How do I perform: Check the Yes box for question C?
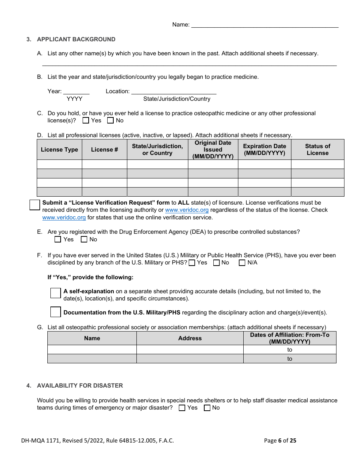click(86, 120)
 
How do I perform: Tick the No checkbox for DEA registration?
click(84, 239)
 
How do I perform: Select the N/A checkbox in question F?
click(242, 263)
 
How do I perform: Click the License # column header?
click(104, 150)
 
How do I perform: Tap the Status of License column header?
click(318, 150)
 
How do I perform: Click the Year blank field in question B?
click(76, 91)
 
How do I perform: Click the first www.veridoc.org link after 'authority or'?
click(187, 210)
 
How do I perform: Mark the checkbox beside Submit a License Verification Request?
click(35, 205)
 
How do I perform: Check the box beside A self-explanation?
click(56, 293)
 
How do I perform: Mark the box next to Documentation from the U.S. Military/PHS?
click(56, 312)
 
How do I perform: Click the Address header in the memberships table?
click(190, 338)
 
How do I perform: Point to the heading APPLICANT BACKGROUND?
click(76, 39)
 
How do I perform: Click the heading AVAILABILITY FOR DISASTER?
click(80, 386)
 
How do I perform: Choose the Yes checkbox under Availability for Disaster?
click(182, 408)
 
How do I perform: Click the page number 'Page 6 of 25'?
click(280, 441)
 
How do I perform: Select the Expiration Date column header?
click(265, 150)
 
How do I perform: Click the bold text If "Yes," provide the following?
click(90, 277)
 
